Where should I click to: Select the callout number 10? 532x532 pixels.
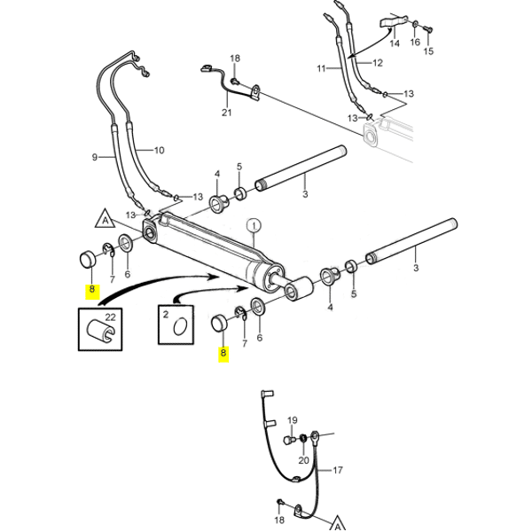(160, 150)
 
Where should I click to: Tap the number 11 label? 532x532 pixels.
(321, 68)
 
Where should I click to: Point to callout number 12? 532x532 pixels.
(378, 63)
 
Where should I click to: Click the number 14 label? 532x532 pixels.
(394, 43)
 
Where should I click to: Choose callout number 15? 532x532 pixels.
(429, 51)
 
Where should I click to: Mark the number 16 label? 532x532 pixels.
(415, 43)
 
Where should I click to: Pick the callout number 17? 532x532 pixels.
(337, 472)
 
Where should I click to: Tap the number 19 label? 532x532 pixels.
(293, 419)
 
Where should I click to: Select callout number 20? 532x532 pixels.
(304, 459)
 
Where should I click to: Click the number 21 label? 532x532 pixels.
(226, 113)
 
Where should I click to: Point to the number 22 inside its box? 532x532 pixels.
(111, 317)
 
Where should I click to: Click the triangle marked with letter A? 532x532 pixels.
(105, 220)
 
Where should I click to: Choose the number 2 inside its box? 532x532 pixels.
(165, 315)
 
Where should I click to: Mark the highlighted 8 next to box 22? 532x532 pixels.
(90, 291)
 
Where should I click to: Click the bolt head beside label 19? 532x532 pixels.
(287, 439)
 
